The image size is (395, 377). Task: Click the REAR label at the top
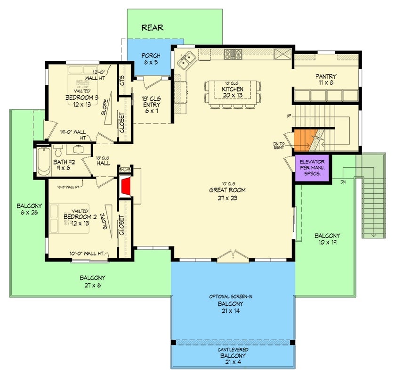tap(153, 28)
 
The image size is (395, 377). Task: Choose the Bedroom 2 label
tap(78, 219)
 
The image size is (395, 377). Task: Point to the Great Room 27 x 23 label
tap(228, 194)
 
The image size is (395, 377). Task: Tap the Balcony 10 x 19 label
tap(327, 239)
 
